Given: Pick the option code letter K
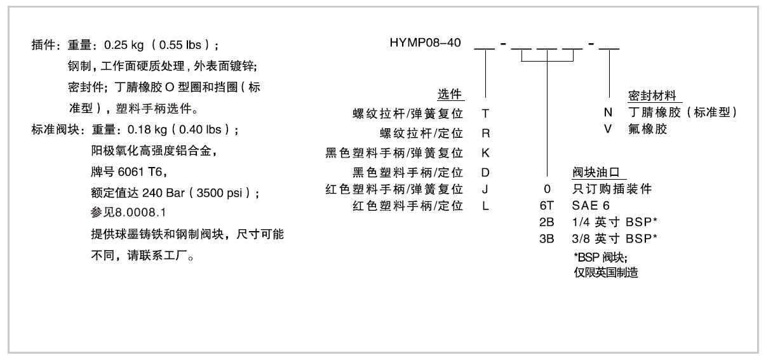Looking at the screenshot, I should [485, 153].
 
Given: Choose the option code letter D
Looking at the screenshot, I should [485, 172].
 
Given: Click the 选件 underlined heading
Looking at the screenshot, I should [450, 95].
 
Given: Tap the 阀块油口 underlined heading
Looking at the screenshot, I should [596, 172].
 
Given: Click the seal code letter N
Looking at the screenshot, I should [608, 113].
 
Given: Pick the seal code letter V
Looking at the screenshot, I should [608, 129].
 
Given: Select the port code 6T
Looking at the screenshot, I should [546, 206].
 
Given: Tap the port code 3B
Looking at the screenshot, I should [546, 239].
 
